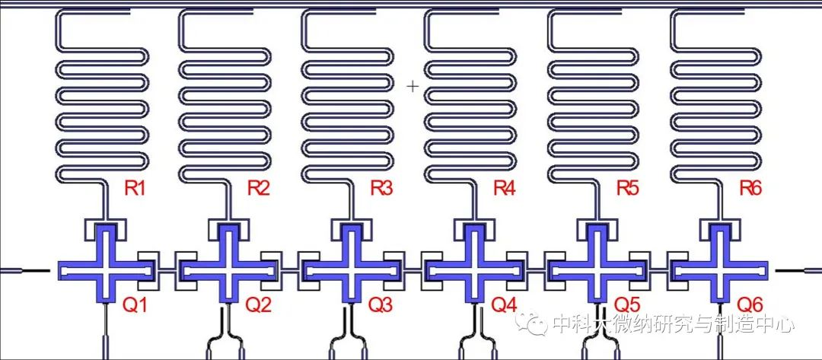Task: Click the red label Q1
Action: (x=135, y=304)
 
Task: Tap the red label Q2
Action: (x=259, y=304)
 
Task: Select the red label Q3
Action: (x=381, y=304)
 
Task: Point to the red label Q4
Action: (x=505, y=304)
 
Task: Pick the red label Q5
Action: (x=627, y=304)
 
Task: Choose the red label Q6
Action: (x=750, y=304)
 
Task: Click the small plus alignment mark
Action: (x=413, y=86)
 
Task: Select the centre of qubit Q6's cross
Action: (x=721, y=270)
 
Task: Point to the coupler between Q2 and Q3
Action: (x=288, y=270)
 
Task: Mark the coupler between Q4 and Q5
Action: (x=535, y=270)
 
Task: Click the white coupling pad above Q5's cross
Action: (x=598, y=230)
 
